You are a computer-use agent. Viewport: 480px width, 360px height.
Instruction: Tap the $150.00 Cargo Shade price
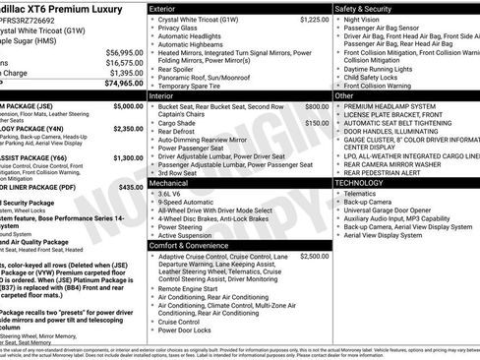coord(317,123)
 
